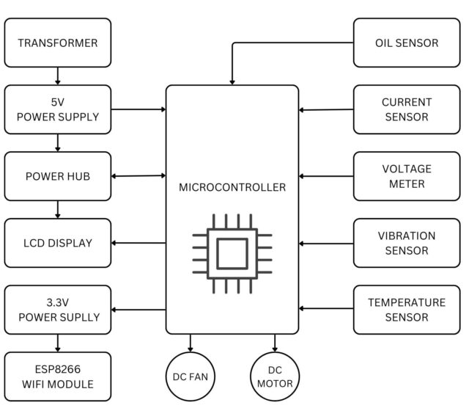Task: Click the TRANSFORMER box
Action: click(58, 43)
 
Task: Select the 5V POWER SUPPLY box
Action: click(58, 109)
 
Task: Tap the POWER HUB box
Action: click(58, 176)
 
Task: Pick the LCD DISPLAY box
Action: click(58, 243)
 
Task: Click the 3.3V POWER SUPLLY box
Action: click(58, 310)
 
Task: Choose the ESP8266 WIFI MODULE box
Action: click(58, 376)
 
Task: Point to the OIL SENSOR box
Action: click(407, 43)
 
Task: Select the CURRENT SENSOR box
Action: click(407, 109)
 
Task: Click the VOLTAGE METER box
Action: click(407, 176)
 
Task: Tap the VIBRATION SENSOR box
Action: click(407, 243)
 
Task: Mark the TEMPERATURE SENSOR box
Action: click(407, 310)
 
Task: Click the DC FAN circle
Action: click(191, 376)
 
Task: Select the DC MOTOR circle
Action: click(276, 376)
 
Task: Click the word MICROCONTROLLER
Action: click(232, 187)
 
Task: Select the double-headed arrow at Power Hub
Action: click(139, 176)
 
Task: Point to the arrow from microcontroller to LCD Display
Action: click(139, 243)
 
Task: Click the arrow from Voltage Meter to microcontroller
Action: click(326, 176)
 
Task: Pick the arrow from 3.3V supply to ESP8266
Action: click(58, 343)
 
